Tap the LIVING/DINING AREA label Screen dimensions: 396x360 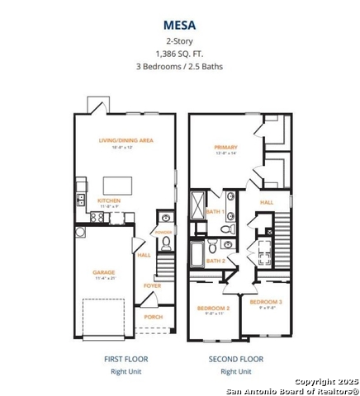pyautogui.click(x=126, y=141)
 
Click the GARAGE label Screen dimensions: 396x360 pyautogui.click(x=104, y=272)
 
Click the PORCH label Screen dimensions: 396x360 pyautogui.click(x=154, y=317)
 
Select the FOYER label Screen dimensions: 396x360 pyautogui.click(x=152, y=286)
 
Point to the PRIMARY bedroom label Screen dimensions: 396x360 pyautogui.click(x=225, y=146)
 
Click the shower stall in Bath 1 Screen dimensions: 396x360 pyautogui.click(x=201, y=205)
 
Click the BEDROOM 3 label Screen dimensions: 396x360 pyautogui.click(x=266, y=303)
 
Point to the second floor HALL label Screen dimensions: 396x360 pyautogui.click(x=267, y=201)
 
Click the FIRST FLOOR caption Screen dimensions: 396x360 pyautogui.click(x=126, y=359)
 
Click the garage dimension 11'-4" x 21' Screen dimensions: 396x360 pyautogui.click(x=104, y=279)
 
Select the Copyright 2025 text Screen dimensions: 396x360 pyautogui.click(x=327, y=382)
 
